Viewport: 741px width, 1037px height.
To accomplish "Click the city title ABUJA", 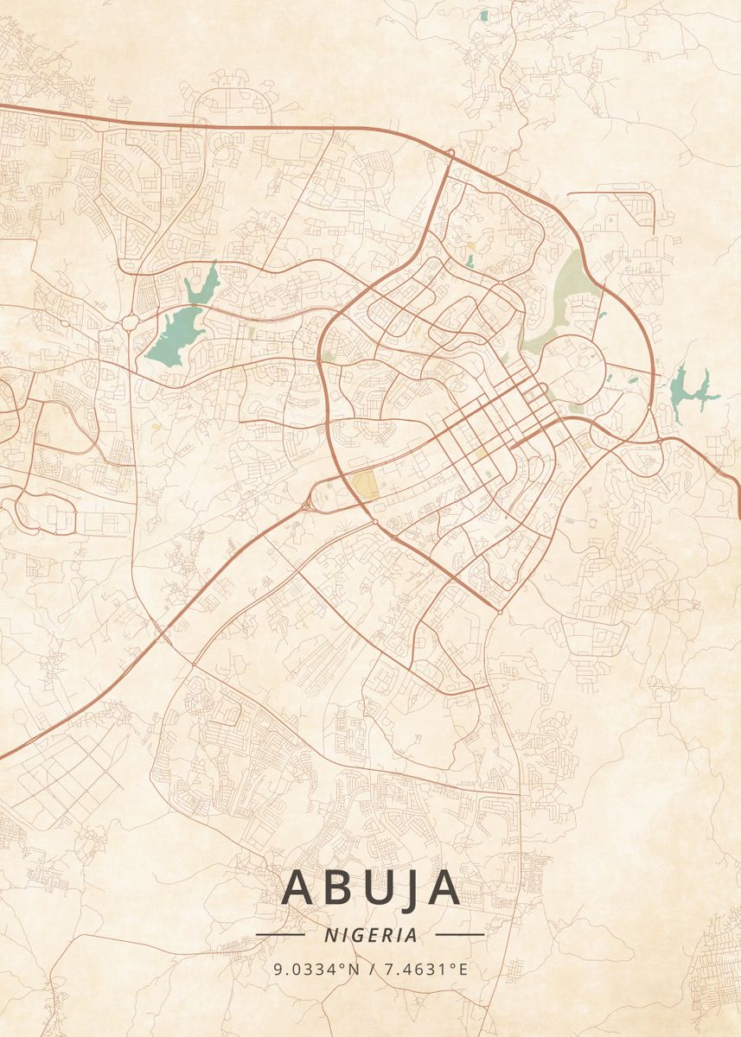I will tap(370, 887).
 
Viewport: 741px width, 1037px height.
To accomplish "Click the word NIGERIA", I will tap(370, 935).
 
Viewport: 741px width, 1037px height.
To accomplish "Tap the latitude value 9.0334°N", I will tap(316, 970).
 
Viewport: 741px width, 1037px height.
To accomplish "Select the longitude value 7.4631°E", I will tap(425, 970).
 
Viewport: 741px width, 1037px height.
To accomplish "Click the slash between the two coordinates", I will tap(370, 970).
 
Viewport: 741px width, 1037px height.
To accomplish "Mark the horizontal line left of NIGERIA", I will tap(280, 935).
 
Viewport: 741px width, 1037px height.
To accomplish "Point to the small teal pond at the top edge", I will tap(483, 16).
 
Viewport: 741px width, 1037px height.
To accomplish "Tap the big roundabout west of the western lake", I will tap(130, 322).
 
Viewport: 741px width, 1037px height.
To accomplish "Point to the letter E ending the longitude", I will tap(463, 970).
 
